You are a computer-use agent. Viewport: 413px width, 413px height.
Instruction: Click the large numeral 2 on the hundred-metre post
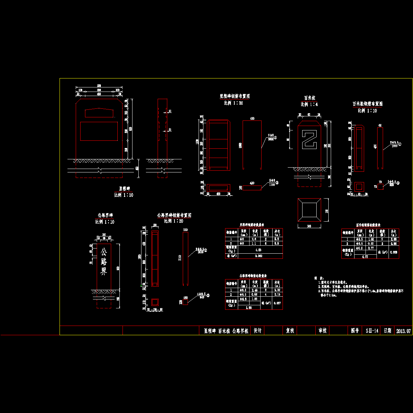[309, 139]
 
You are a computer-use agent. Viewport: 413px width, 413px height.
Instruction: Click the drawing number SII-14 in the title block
[372, 331]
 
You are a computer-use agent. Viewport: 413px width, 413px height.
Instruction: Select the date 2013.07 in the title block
[403, 331]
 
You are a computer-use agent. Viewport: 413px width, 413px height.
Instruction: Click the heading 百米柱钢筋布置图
[367, 104]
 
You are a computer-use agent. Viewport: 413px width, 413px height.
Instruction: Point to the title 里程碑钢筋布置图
[234, 97]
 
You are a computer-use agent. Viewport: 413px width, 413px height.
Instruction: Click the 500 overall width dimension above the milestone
[99, 86]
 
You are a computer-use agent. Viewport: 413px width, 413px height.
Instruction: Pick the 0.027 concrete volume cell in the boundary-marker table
[277, 303]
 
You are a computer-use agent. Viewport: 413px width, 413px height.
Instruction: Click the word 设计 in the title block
[257, 331]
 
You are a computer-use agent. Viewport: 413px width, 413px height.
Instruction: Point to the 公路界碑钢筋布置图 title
[174, 215]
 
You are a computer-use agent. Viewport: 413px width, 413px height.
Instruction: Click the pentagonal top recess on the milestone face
[99, 113]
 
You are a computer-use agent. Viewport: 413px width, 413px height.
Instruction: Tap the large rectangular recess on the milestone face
[99, 131]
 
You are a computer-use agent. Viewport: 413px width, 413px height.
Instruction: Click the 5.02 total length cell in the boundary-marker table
[277, 290]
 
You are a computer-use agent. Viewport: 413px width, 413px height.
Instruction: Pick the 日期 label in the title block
[387, 331]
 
